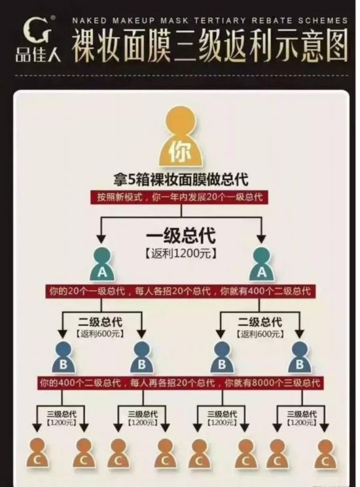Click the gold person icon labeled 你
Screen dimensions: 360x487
(181, 137)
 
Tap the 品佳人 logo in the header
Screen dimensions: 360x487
(38, 38)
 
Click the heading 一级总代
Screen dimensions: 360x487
(181, 236)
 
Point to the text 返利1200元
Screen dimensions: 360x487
(181, 253)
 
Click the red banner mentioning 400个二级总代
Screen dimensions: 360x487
(180, 291)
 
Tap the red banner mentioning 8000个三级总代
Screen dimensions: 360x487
(180, 383)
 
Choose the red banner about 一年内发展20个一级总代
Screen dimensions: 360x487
(179, 197)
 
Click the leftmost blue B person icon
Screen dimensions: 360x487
(63, 357)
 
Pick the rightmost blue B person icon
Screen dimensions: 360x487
(300, 357)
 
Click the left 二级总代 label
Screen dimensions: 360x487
(100, 322)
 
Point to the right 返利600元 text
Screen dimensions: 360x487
(261, 334)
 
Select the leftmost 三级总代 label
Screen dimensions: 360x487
(62, 414)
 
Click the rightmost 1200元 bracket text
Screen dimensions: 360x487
(302, 422)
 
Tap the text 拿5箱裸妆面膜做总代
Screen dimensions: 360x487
(181, 179)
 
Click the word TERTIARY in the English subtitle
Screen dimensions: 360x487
(220, 21)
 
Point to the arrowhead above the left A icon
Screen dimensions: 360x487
(101, 239)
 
